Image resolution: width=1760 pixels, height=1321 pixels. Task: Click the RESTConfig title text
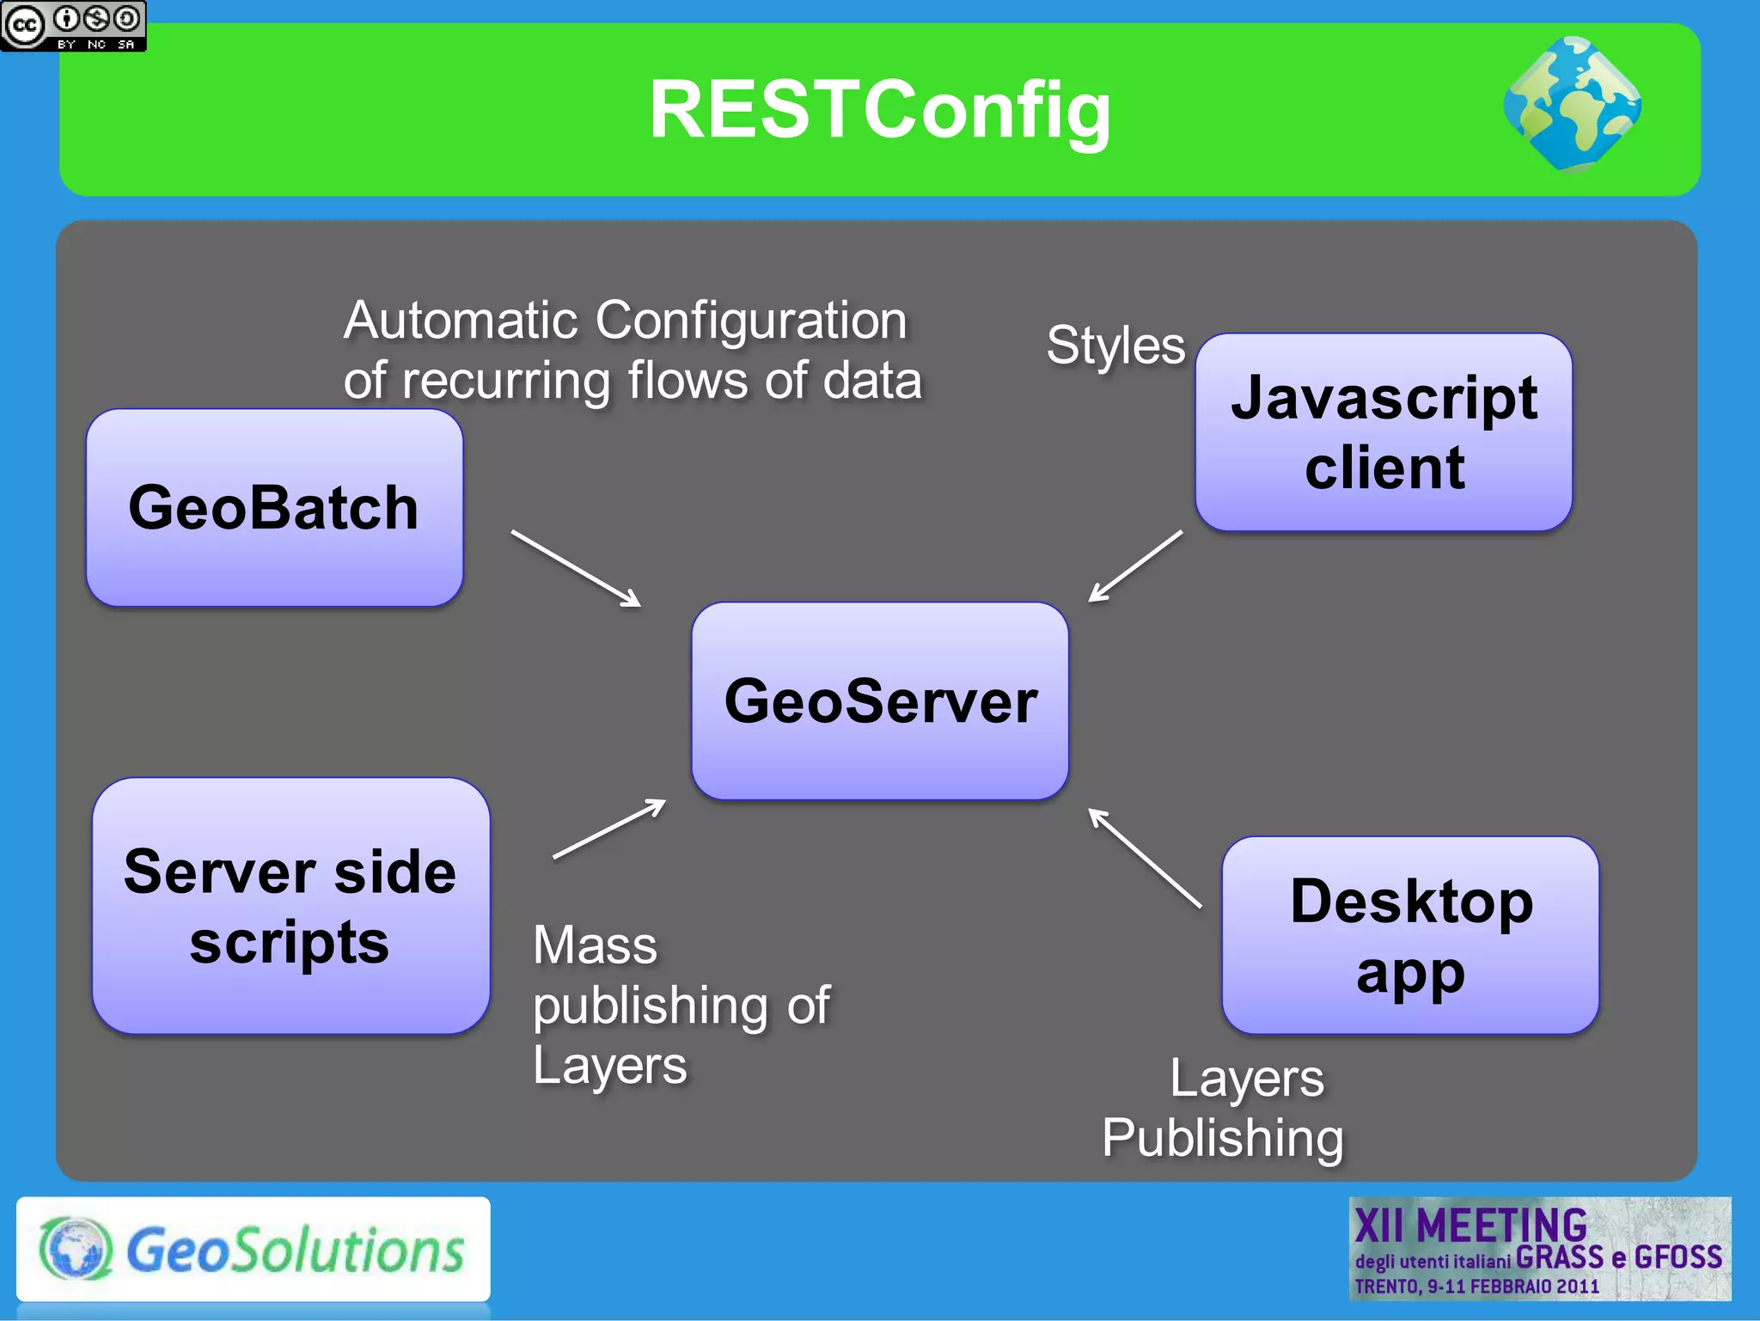pyautogui.click(x=879, y=110)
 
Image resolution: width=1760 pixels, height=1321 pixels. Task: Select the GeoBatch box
pyautogui.click(x=274, y=507)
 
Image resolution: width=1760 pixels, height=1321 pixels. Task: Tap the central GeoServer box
pyautogui.click(x=880, y=700)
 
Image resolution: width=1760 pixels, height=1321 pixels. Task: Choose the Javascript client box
pyautogui.click(x=1384, y=432)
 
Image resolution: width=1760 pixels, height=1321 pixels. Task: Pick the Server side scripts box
pyautogui.click(x=290, y=906)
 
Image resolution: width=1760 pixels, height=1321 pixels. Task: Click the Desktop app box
pyautogui.click(x=1410, y=935)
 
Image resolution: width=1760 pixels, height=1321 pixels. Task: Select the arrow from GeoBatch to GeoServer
pyautogui.click(x=576, y=568)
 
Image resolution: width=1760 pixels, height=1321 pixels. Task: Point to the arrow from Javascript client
pyautogui.click(x=1134, y=566)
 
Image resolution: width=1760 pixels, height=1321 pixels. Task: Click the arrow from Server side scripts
pyautogui.click(x=608, y=829)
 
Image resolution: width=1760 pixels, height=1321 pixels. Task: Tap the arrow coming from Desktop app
pyautogui.click(x=1145, y=858)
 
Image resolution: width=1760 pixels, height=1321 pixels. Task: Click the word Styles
pyautogui.click(x=1115, y=346)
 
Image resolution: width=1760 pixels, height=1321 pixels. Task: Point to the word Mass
pyautogui.click(x=595, y=945)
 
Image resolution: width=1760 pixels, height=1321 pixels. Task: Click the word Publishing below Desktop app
pyautogui.click(x=1222, y=1138)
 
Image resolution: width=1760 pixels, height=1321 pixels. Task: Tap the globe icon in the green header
pyautogui.click(x=1572, y=104)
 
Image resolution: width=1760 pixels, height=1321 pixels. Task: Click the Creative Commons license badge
pyautogui.click(x=73, y=26)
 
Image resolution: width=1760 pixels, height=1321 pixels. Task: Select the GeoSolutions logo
pyautogui.click(x=254, y=1249)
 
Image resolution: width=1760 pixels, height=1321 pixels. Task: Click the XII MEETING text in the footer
pyautogui.click(x=1470, y=1225)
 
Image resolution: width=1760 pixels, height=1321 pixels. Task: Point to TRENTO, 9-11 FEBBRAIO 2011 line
pyautogui.click(x=1476, y=1287)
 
